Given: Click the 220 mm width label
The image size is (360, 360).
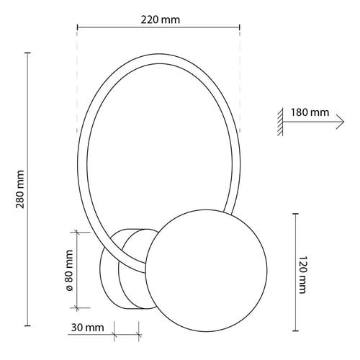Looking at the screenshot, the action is pyautogui.click(x=160, y=19).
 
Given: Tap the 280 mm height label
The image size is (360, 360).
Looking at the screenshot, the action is pyautogui.click(x=20, y=189).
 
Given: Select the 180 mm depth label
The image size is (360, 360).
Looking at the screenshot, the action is pyautogui.click(x=310, y=112).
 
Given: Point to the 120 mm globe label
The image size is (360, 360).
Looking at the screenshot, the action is pyautogui.click(x=302, y=274).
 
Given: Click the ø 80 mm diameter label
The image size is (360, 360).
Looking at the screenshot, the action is pyautogui.click(x=69, y=270).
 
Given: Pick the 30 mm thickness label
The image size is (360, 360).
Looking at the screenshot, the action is pyautogui.click(x=87, y=328).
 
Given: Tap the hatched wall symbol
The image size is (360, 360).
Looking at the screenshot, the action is pyautogui.click(x=280, y=122).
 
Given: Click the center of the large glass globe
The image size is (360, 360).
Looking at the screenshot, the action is pyautogui.click(x=207, y=271).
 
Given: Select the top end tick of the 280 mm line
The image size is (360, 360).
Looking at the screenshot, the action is pyautogui.click(x=28, y=53).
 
